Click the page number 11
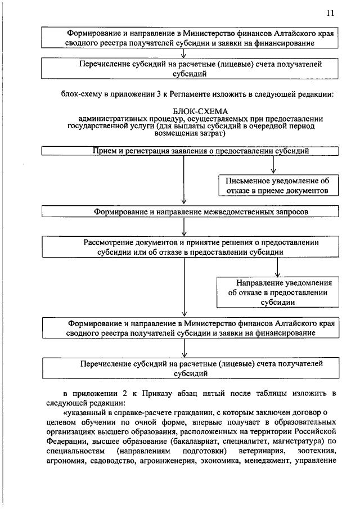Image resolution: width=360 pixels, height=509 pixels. [x=330, y=13]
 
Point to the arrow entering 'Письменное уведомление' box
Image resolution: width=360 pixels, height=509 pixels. [x=273, y=166]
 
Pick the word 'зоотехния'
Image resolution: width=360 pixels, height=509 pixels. [x=317, y=452]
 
